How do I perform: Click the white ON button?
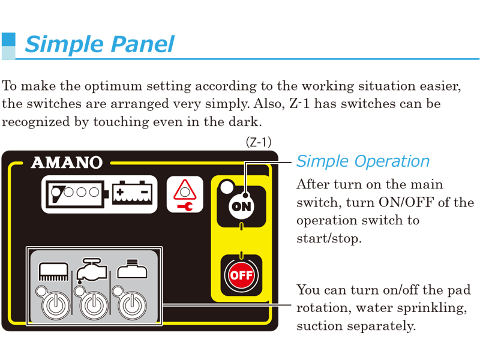pos(242,206)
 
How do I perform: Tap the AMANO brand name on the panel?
pos(67,162)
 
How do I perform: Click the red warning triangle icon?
pos(185,190)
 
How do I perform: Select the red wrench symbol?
pos(185,206)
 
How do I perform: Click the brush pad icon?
pos(53,271)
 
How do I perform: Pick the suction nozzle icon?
pos(132,268)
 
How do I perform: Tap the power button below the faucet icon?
pos(94,305)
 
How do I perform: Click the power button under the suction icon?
pos(132,305)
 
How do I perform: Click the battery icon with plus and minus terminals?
pos(132,193)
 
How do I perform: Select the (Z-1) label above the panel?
pos(259,142)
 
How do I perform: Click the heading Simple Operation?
pos(363,161)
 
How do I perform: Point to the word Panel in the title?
pos(142,44)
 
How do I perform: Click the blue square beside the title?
pos(8,40)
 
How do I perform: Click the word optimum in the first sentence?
pos(113,86)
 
